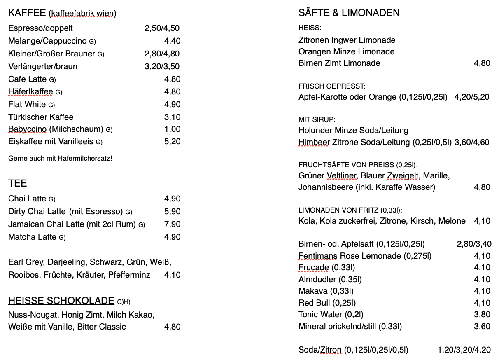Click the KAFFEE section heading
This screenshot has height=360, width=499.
point(27,13)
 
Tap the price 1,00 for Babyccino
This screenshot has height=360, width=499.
point(172,129)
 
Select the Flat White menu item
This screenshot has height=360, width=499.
point(27,104)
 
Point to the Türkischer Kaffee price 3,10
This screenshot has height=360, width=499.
point(172,117)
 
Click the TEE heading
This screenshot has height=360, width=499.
point(18,183)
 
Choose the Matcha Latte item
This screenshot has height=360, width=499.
point(33,237)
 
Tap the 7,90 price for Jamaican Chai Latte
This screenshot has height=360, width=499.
point(172,224)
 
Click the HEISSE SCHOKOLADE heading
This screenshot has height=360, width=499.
point(61,301)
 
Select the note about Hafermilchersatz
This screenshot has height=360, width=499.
point(60,158)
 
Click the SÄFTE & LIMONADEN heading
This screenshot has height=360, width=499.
point(349,13)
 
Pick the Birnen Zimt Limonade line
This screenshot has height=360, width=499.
point(339,63)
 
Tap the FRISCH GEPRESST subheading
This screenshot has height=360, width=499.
point(332,86)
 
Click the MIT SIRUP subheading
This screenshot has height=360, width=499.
point(317,119)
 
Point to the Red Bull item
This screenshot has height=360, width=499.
point(327,303)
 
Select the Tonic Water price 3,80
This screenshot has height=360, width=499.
point(482,314)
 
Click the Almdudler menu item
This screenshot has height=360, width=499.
point(330,279)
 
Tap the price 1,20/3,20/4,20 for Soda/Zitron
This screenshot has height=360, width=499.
point(464,350)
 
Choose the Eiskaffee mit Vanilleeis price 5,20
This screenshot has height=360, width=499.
point(172,141)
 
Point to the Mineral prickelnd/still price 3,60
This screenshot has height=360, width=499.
point(482,326)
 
